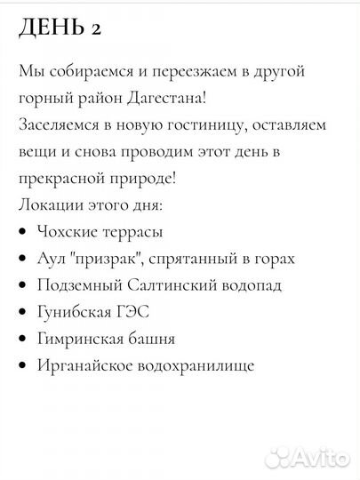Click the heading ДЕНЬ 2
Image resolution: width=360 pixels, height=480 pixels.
60,28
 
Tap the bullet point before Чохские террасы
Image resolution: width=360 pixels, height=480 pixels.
21,233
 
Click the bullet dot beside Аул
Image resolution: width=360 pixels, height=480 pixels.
21,260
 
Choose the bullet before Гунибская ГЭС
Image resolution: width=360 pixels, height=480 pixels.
21,313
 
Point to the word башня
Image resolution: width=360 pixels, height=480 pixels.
150,339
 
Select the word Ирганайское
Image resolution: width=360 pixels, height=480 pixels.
84,365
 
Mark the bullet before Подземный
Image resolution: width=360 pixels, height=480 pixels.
21,286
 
